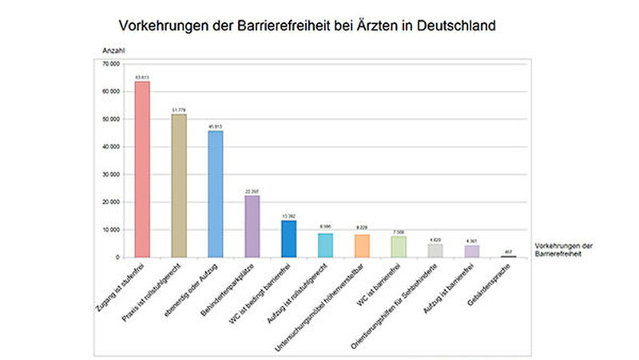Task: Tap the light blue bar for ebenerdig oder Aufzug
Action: click(216, 194)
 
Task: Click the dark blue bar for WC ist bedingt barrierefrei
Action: click(289, 239)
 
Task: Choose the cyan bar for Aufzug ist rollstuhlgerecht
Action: click(325, 245)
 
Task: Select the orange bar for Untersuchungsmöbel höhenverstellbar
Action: click(362, 246)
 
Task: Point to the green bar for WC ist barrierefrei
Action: click(399, 247)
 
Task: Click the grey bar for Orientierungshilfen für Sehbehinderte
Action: click(435, 251)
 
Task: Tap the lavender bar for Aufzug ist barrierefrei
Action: click(472, 251)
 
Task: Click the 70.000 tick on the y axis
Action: click(110, 63)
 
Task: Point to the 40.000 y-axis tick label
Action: click(110, 147)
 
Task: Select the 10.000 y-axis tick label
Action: click(110, 230)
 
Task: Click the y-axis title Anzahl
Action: click(113, 50)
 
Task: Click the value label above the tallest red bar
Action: click(142, 77)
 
